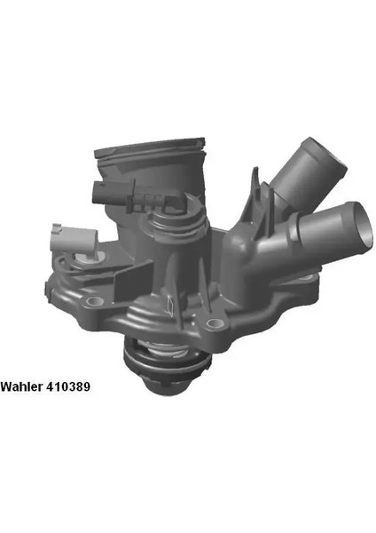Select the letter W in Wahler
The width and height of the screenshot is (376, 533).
(6, 387)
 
